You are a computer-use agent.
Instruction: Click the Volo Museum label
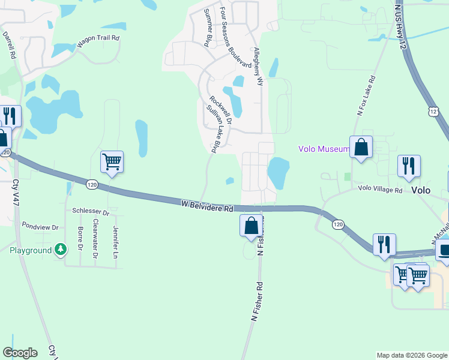tap(324, 149)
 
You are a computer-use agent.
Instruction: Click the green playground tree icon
tap(60, 249)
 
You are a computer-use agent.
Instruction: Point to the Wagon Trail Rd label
tap(98, 41)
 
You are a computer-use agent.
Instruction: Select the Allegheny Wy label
tap(259, 66)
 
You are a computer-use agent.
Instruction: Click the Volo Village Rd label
tap(380, 190)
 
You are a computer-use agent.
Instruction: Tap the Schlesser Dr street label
tap(91, 212)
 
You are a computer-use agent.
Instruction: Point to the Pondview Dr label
tap(40, 227)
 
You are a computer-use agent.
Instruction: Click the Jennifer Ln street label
tap(116, 239)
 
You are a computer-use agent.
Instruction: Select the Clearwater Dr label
tap(95, 239)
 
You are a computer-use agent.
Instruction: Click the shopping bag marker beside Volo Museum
tap(361, 148)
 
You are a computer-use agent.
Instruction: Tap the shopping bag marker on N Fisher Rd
tap(252, 226)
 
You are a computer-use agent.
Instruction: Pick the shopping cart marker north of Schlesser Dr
tap(112, 162)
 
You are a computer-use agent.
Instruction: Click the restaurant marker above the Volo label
tap(409, 166)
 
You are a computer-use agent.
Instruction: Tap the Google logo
tap(20, 353)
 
